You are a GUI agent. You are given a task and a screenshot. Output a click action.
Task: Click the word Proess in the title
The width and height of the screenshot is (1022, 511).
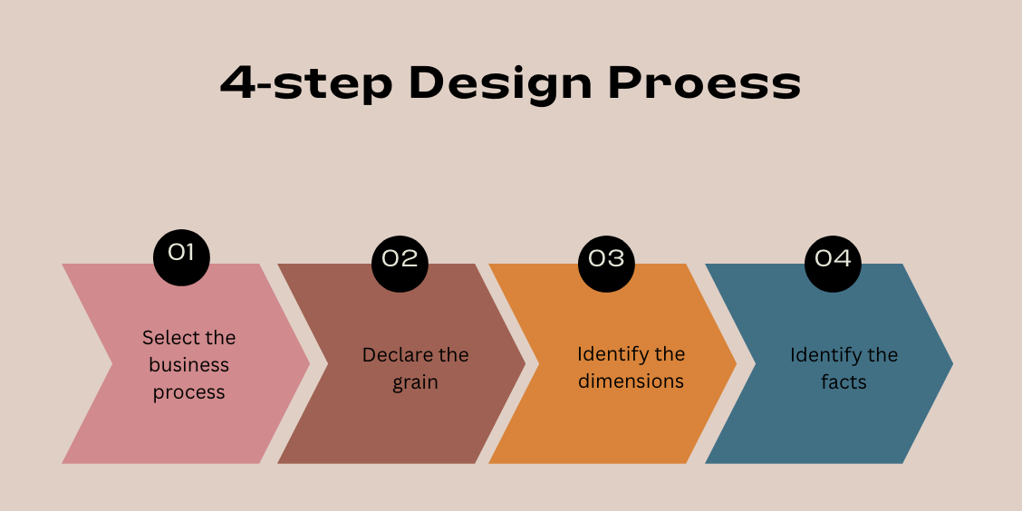pos(704,83)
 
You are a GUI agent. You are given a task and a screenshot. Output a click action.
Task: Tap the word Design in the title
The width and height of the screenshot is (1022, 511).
pos(500,83)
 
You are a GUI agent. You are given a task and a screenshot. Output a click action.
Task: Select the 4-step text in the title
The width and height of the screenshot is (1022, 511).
pos(305,83)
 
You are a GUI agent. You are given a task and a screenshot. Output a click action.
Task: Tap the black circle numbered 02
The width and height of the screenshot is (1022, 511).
pos(400,258)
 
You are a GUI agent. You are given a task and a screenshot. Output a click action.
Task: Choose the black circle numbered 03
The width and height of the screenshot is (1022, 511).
pos(606,258)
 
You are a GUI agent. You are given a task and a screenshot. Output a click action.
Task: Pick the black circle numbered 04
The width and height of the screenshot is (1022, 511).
pos(833,258)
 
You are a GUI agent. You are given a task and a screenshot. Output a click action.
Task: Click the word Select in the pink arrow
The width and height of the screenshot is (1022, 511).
pos(164,338)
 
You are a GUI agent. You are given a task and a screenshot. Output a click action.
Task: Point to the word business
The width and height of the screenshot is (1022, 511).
pos(188,365)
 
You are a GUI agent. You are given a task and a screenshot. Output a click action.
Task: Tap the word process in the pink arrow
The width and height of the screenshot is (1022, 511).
pos(188,392)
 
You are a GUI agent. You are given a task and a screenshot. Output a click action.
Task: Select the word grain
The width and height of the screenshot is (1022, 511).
pos(415,382)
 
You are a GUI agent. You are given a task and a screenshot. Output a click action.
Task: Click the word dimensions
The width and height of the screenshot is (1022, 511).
pos(631,381)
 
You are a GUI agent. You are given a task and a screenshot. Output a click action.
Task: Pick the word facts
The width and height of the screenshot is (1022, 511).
pos(844,382)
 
